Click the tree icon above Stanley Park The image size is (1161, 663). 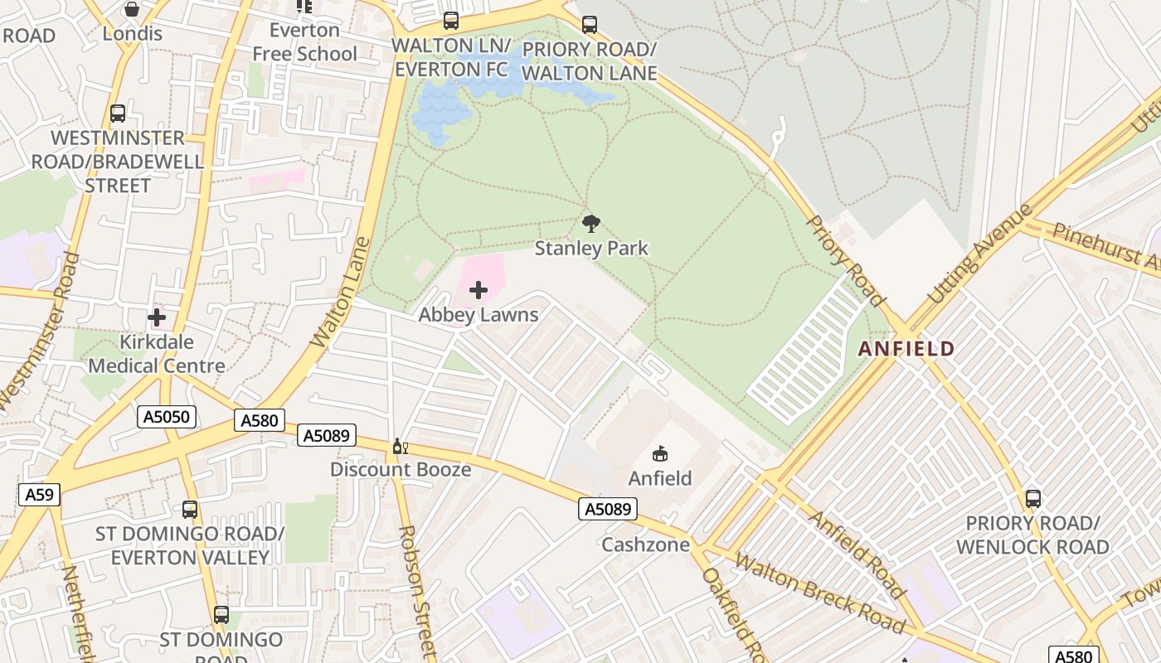tap(590, 222)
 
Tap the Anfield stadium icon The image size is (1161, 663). tap(660, 453)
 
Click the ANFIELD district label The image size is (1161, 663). tap(906, 348)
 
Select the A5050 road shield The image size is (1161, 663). tap(167, 417)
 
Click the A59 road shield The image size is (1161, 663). tap(39, 495)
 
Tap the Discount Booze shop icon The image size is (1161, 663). tap(400, 446)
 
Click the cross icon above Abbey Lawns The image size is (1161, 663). tap(478, 290)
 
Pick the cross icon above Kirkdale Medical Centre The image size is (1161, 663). tap(157, 317)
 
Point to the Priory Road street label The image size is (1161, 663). tap(846, 259)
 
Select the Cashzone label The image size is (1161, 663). tap(645, 544)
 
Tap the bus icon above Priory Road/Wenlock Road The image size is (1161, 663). tap(1032, 498)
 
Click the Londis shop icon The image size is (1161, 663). tap(131, 10)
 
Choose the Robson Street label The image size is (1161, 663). tap(416, 593)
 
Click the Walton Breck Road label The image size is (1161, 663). tap(818, 593)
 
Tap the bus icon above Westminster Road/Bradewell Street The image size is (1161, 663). tap(118, 114)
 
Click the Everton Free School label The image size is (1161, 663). tap(304, 41)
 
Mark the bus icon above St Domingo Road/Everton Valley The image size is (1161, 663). tap(190, 509)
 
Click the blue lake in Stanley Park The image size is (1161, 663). tap(444, 104)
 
